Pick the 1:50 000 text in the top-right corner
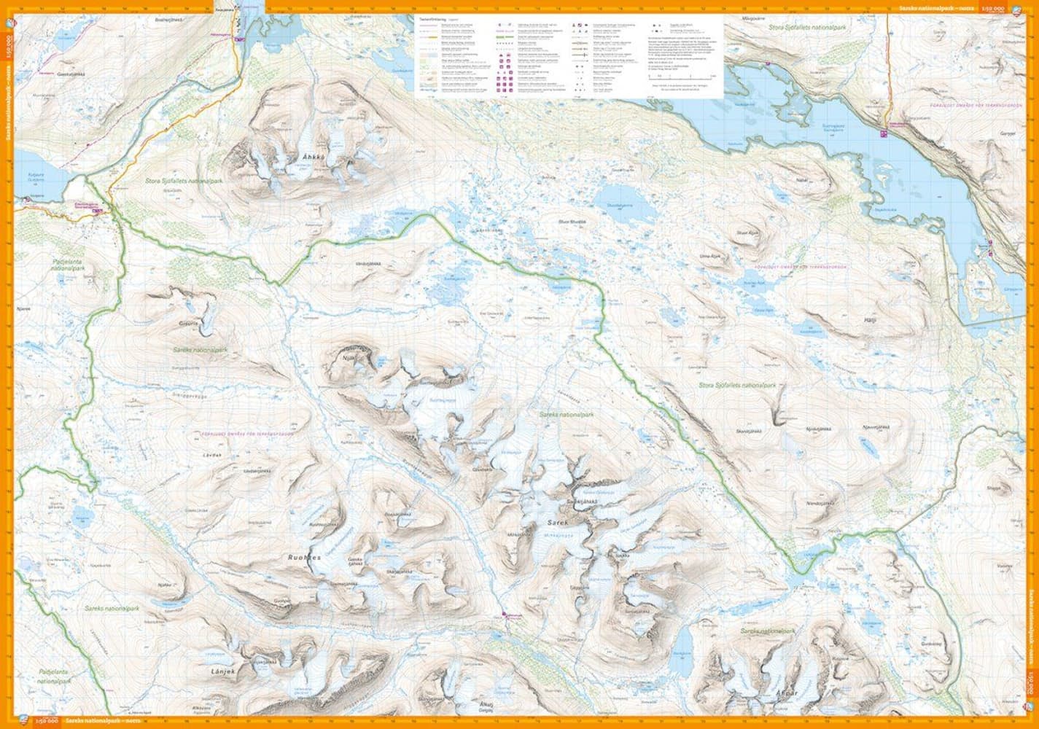click(x=994, y=7)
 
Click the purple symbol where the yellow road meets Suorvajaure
click(x=884, y=133)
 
